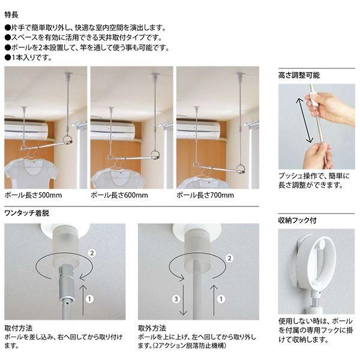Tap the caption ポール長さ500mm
33,195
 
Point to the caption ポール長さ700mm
205,195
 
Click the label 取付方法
18,329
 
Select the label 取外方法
151,329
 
